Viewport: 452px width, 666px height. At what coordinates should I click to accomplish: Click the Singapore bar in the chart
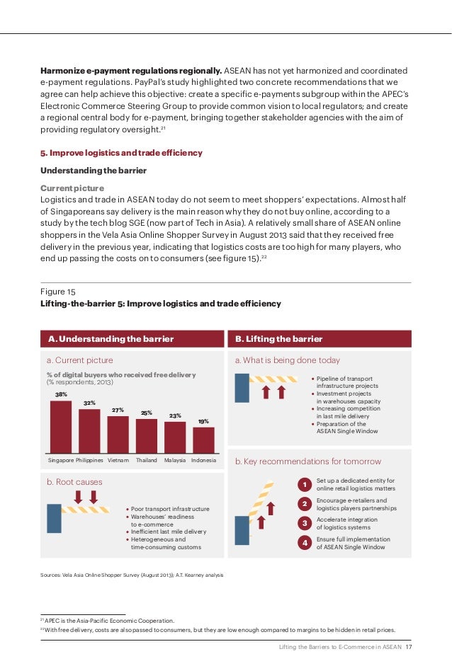coord(61,426)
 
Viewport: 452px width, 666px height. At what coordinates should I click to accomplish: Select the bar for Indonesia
coord(203,440)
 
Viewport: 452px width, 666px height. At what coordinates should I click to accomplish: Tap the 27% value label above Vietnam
coord(118,410)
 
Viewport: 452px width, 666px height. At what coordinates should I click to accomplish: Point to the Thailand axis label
coord(147,460)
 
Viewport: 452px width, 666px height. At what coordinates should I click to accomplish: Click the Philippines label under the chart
coord(90,460)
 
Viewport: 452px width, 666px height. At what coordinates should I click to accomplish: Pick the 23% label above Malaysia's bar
coord(174,415)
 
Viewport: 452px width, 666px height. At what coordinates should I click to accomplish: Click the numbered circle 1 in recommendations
coord(304,484)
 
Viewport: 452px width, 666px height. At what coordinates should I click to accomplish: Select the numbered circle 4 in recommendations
coord(304,543)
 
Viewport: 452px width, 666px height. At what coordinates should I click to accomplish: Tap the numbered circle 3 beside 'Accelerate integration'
coord(304,523)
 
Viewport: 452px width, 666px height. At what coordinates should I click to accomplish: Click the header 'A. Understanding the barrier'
coord(111,339)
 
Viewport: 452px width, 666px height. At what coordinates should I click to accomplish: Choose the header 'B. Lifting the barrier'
coord(278,339)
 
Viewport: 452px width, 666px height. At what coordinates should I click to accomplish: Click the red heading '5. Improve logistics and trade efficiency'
coord(121,152)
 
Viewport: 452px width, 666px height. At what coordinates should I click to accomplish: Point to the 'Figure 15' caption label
coord(56,291)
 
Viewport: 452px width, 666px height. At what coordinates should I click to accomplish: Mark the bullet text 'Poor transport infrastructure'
coord(170,509)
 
